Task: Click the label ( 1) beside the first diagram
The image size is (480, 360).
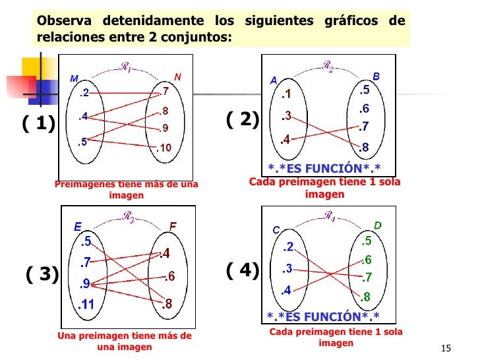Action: tap(39, 124)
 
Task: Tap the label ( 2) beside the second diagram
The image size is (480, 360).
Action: tap(243, 119)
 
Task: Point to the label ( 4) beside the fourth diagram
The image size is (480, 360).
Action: tap(243, 270)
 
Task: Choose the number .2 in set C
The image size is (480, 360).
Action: tap(287, 248)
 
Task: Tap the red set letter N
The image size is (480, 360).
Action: tap(178, 76)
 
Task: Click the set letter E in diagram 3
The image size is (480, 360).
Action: tap(78, 226)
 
